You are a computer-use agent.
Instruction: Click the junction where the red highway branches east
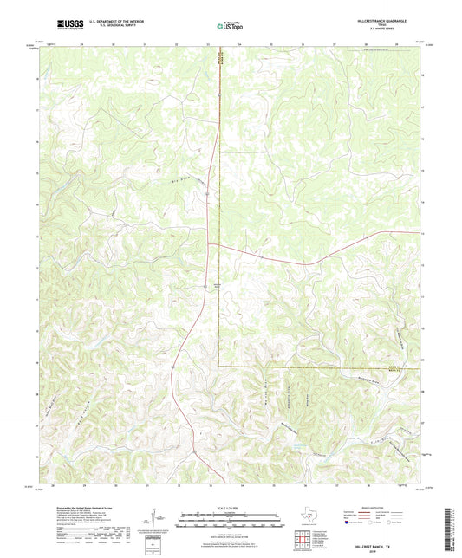tap(217, 244)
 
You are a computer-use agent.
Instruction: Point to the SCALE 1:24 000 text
tap(230, 508)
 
